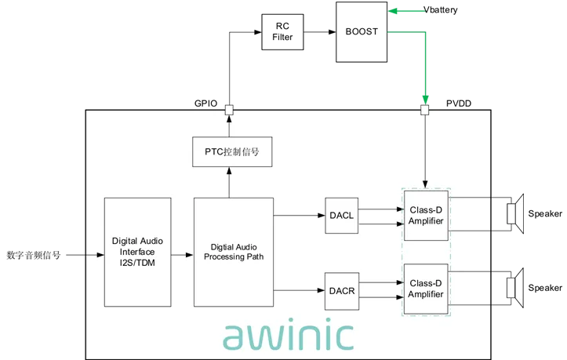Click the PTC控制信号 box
[231, 151]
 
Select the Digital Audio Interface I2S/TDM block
[137, 252]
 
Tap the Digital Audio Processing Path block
[233, 252]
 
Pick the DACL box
[341, 216]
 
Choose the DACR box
[341, 290]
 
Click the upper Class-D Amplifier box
[425, 216]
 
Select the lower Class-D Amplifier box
[425, 289]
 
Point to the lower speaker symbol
[514, 287]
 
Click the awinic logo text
[288, 335]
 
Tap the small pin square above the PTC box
[229, 110]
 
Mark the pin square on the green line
[425, 110]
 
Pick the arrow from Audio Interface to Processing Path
[183, 255]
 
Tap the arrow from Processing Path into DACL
[299, 215]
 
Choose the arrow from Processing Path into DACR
[299, 290]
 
